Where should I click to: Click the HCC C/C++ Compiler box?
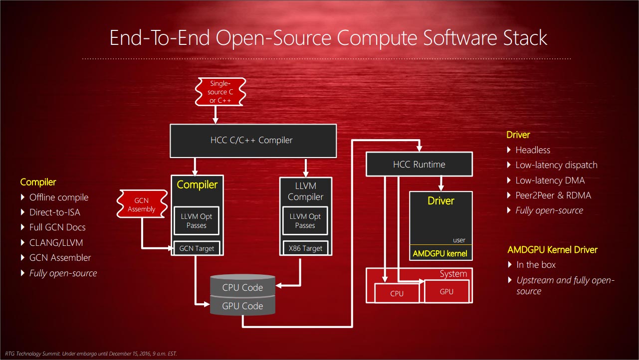coord(253,140)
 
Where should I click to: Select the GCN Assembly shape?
coord(141,205)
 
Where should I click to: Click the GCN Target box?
coord(197,248)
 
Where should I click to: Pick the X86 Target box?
coord(305,248)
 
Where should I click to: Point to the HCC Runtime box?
coord(419,165)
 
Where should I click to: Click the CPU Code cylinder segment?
coord(242,287)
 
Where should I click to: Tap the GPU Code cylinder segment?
coord(242,306)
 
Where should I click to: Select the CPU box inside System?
coord(397,293)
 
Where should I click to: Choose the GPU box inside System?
coord(446,291)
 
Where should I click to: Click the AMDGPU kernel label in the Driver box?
coord(440,253)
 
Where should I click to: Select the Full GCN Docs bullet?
coord(57,227)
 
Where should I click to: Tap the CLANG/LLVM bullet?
coord(56,243)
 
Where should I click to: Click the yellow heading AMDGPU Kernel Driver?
coord(552,250)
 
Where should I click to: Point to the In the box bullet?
coord(536,265)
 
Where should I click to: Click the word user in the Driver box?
coord(459,240)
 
